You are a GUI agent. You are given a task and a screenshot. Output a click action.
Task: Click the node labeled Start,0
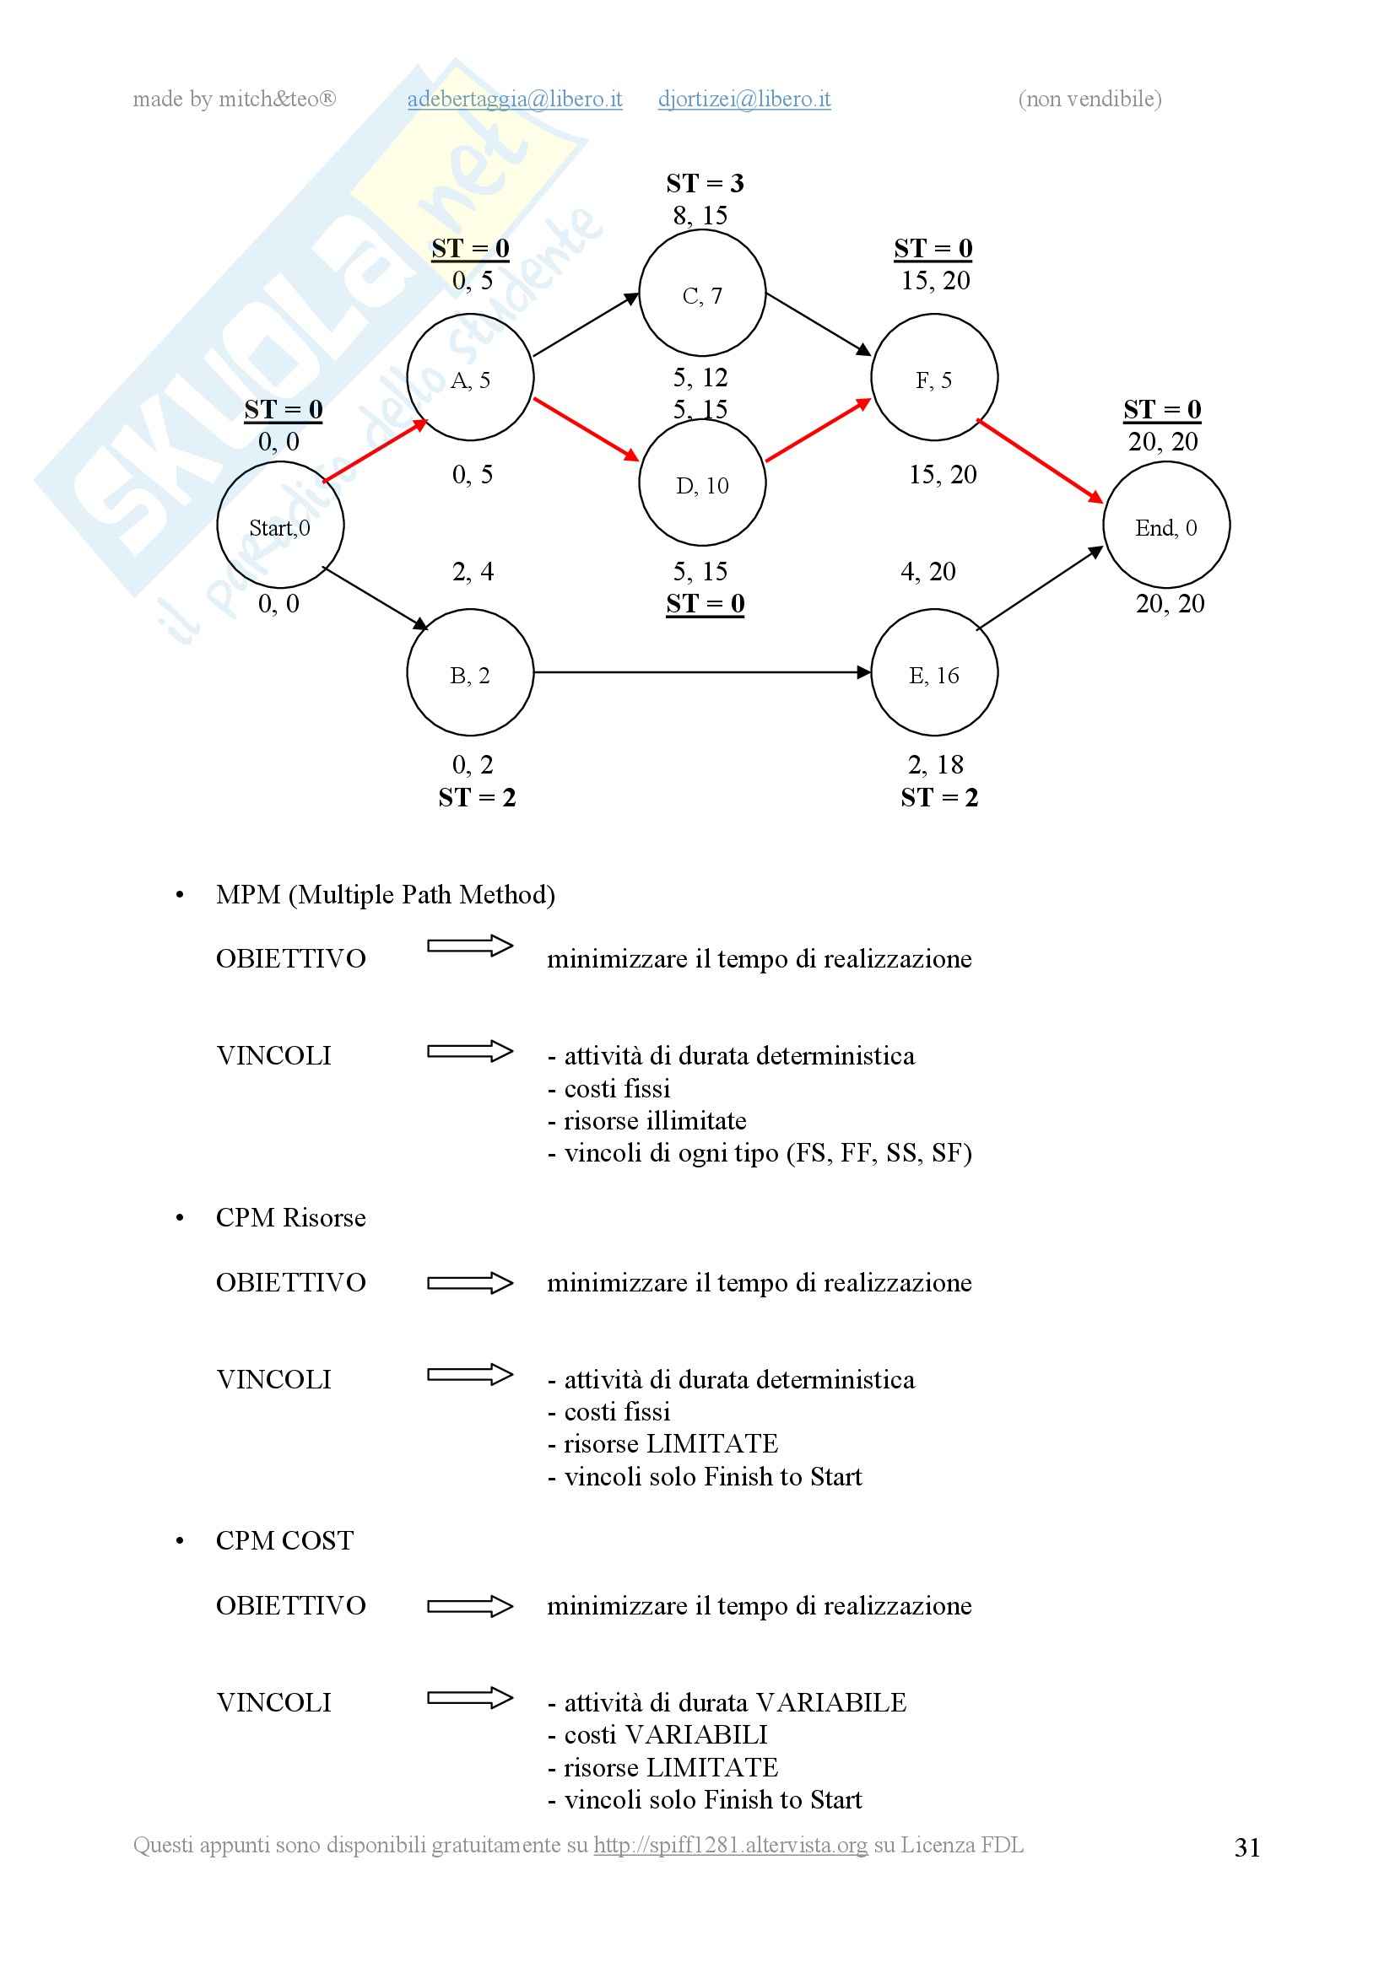click(280, 525)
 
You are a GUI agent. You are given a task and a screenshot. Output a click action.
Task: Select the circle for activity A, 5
click(470, 377)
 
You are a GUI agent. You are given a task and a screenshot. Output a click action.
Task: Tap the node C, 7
click(702, 293)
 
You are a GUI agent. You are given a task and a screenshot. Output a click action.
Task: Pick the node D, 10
click(702, 483)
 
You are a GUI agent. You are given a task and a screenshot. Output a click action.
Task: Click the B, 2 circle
click(470, 673)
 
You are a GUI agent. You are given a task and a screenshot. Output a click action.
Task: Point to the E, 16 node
click(934, 673)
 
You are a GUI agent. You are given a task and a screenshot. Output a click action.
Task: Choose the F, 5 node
click(934, 377)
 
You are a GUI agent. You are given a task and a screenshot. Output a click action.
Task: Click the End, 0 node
click(1166, 525)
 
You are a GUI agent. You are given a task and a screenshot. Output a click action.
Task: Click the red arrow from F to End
click(1040, 461)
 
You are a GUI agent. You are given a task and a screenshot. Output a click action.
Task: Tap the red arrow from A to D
click(587, 429)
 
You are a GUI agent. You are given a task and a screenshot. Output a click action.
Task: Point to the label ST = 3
click(705, 183)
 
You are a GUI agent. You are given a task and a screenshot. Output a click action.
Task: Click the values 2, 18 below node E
click(935, 765)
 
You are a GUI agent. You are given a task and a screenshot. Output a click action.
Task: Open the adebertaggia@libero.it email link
click(515, 100)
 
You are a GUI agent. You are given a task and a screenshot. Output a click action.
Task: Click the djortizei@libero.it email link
click(744, 100)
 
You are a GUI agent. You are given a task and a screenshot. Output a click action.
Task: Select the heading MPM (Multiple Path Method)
click(385, 894)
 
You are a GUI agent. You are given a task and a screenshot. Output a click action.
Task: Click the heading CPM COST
click(284, 1541)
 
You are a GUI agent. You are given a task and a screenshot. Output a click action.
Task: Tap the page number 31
click(1247, 1847)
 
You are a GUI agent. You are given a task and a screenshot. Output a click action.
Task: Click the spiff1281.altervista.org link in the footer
click(731, 1845)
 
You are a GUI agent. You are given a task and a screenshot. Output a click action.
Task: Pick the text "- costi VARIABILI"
click(657, 1735)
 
